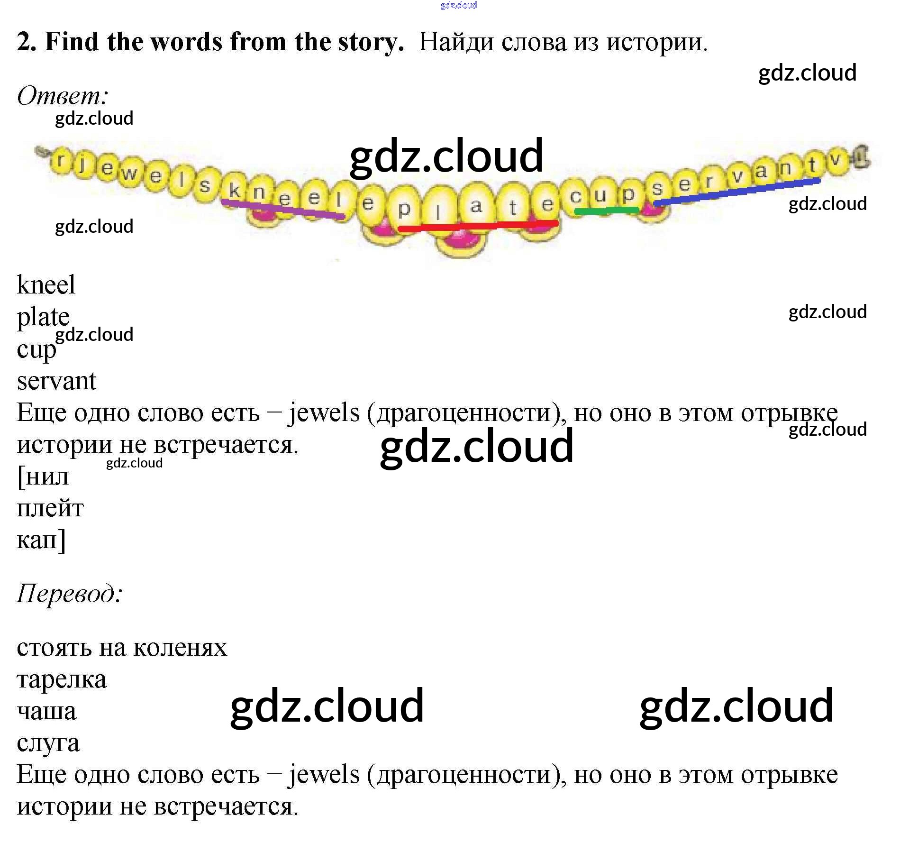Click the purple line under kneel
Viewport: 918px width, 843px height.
[x=283, y=209]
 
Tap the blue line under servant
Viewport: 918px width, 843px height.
[x=737, y=192]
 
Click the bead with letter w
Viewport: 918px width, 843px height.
[x=128, y=173]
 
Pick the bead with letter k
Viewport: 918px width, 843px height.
[x=234, y=190]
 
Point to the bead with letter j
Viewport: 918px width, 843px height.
[x=82, y=164]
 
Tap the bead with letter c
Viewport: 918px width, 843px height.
[x=576, y=196]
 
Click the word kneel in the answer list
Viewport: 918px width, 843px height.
[x=46, y=284]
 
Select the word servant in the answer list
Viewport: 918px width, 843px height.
[x=56, y=381]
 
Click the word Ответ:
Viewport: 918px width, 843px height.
[x=63, y=96]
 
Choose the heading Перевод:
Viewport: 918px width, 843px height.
[x=70, y=593]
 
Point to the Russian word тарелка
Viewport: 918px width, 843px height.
[x=62, y=680]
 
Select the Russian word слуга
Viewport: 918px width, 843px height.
[x=48, y=743]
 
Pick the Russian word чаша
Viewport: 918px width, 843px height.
[x=46, y=711]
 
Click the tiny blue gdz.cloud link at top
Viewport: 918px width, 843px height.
[x=458, y=5]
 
